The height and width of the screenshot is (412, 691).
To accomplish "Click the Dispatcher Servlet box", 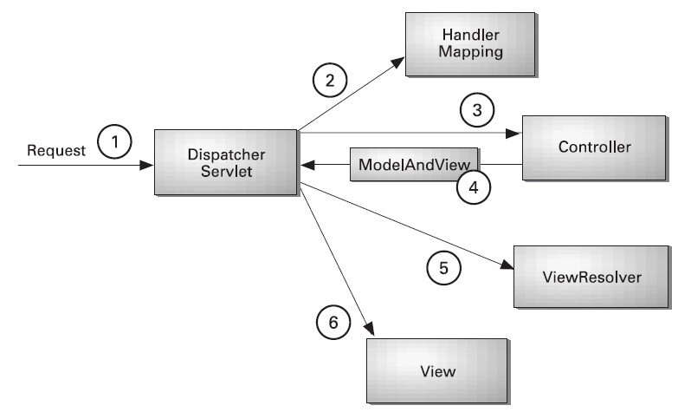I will [x=225, y=161].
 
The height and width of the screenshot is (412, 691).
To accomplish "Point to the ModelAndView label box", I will [x=413, y=163].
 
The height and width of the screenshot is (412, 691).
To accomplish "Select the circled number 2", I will [x=329, y=82].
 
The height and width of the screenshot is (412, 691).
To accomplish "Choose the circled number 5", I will [x=443, y=268].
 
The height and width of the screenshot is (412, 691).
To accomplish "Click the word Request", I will [x=57, y=150].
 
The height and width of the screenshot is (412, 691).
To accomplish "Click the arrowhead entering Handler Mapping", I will [x=399, y=62].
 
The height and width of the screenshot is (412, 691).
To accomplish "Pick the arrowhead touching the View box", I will [x=371, y=330].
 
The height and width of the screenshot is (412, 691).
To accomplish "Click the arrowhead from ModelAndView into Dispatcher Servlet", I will [x=306, y=163].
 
